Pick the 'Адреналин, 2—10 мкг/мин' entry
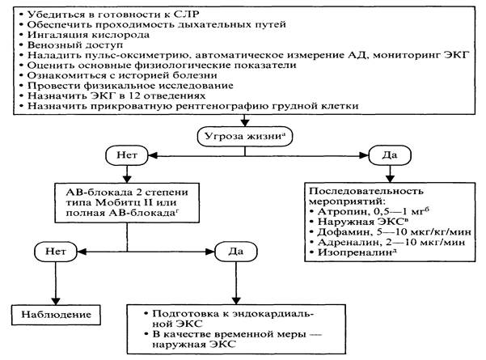(x=389, y=241)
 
